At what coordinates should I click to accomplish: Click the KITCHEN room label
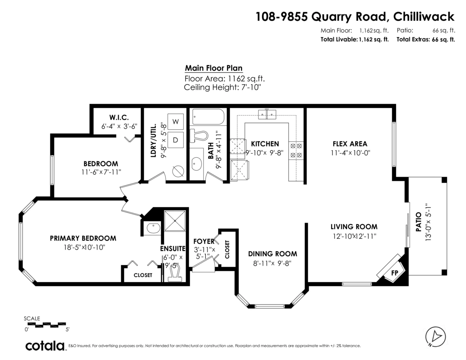(x=264, y=144)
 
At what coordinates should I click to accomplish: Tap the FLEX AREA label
(x=349, y=144)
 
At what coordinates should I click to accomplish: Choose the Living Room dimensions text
(x=353, y=236)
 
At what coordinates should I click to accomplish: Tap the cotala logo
(x=45, y=345)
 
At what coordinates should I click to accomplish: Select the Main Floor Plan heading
(x=214, y=68)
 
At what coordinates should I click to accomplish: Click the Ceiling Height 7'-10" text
(x=222, y=87)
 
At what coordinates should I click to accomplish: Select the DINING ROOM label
(x=273, y=254)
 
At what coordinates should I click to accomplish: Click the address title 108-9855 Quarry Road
(x=355, y=16)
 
